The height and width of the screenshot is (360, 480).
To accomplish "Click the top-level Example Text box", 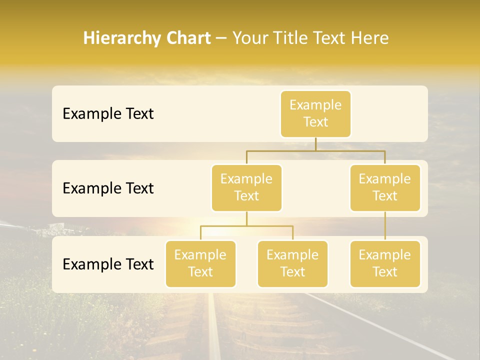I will pyautogui.click(x=315, y=113).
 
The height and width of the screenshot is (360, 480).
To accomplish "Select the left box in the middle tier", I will pyautogui.click(x=246, y=187).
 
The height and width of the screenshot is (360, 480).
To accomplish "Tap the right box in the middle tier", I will pyautogui.click(x=385, y=187).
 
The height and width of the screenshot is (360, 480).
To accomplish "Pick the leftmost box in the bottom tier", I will pyautogui.click(x=200, y=263).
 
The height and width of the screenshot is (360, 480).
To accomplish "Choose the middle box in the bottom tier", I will pyautogui.click(x=292, y=263).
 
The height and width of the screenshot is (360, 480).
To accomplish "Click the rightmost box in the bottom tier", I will pyautogui.click(x=385, y=263).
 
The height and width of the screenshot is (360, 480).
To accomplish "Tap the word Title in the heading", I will pyautogui.click(x=291, y=38).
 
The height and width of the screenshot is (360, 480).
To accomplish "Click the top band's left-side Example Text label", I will pyautogui.click(x=108, y=114).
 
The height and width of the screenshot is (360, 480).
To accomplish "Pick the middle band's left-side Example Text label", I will pyautogui.click(x=108, y=188).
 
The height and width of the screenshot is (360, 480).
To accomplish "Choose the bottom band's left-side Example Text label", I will pyautogui.click(x=108, y=264).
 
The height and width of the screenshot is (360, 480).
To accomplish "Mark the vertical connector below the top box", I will pyautogui.click(x=315, y=144).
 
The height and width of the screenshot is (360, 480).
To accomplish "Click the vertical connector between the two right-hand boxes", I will pyautogui.click(x=385, y=226).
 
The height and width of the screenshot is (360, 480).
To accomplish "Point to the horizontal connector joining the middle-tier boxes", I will pyautogui.click(x=315, y=150).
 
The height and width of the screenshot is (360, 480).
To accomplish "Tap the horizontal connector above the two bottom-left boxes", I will pyautogui.click(x=246, y=226).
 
